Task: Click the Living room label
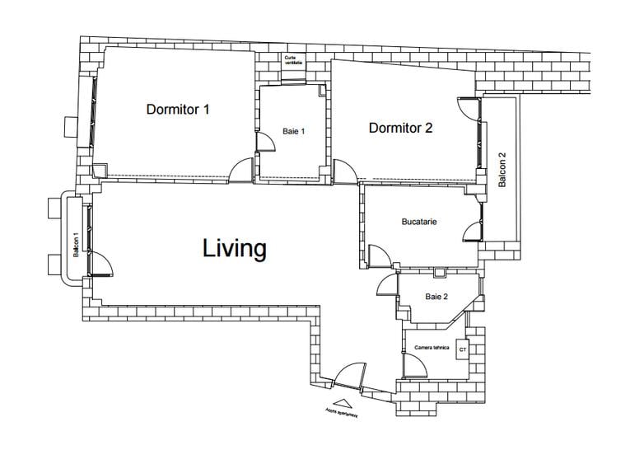[x=235, y=248]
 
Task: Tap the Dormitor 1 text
[x=178, y=109]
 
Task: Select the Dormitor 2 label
[x=400, y=128]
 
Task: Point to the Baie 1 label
[x=294, y=131]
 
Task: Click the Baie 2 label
[x=436, y=297]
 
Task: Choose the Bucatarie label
[x=418, y=222]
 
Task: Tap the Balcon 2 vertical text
[x=502, y=170]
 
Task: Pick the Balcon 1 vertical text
[x=76, y=245]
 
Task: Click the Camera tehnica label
[x=432, y=348]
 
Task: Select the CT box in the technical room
[x=461, y=350]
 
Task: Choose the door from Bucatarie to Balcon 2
[x=472, y=230]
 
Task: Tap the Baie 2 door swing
[x=387, y=284]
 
